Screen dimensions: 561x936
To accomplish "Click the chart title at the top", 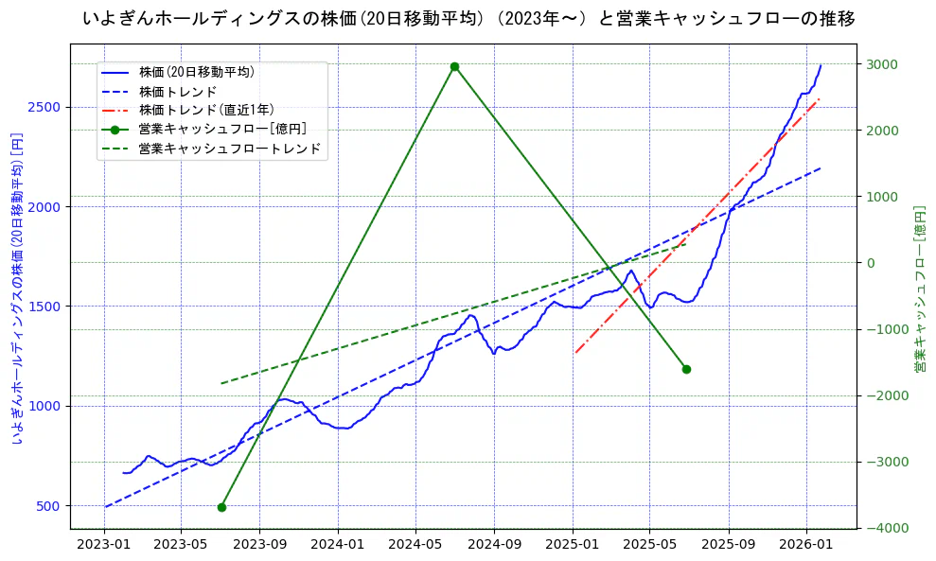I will click(x=468, y=19).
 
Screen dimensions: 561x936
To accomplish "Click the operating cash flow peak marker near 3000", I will click(x=454, y=66).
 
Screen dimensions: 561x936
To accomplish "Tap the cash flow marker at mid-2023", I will click(x=221, y=507).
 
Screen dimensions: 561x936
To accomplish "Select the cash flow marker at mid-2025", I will click(x=686, y=369).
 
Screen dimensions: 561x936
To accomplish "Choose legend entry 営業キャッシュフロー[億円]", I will click(x=221, y=129).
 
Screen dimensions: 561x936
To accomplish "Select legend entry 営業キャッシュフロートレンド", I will click(x=229, y=149).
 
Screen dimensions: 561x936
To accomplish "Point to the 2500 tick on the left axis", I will click(x=45, y=107).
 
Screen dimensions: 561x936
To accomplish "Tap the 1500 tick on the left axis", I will click(x=45, y=307).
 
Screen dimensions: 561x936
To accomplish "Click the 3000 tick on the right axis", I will click(x=884, y=64).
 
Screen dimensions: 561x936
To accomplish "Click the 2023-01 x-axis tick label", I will click(x=103, y=544).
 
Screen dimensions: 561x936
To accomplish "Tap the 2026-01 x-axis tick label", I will click(x=805, y=544).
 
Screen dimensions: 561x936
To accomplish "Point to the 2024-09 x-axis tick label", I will click(x=494, y=544).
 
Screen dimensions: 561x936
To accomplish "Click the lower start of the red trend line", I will click(x=574, y=353).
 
